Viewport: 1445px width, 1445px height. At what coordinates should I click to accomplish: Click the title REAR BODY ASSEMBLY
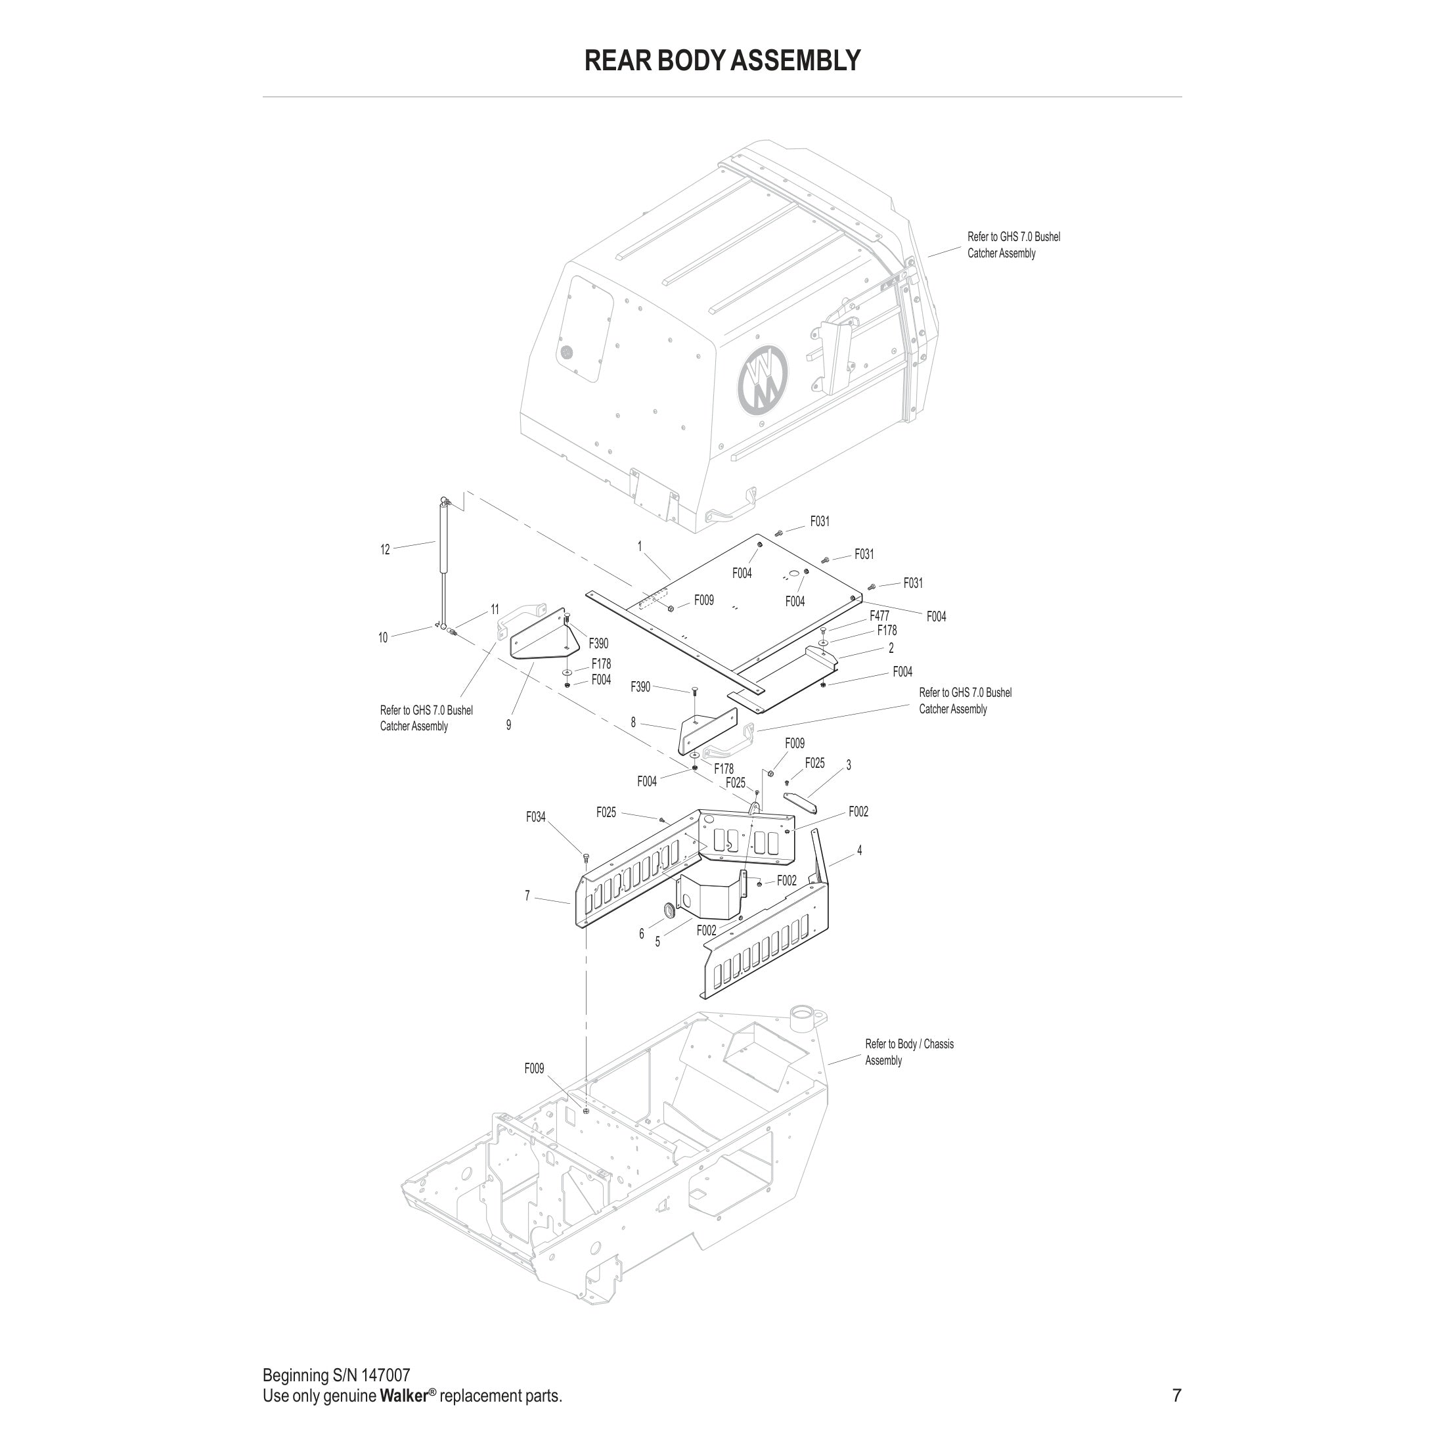pyautogui.click(x=722, y=60)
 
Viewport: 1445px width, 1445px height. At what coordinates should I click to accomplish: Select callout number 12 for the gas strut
pyautogui.click(x=385, y=550)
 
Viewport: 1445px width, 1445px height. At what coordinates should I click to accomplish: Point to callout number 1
pyautogui.click(x=640, y=546)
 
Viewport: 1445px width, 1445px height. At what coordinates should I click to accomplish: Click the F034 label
pyautogui.click(x=535, y=818)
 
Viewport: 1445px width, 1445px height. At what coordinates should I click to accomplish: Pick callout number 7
pyautogui.click(x=527, y=895)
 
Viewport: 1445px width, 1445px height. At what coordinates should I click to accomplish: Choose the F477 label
pyautogui.click(x=879, y=615)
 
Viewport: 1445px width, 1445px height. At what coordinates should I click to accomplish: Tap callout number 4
pyautogui.click(x=859, y=851)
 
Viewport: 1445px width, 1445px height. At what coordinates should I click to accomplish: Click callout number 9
pyautogui.click(x=508, y=724)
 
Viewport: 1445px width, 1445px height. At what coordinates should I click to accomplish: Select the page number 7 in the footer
pyautogui.click(x=1176, y=1396)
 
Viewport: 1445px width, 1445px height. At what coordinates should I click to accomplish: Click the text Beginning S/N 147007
pyautogui.click(x=336, y=1375)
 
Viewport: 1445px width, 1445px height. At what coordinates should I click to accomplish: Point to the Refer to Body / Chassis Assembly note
pyautogui.click(x=909, y=1052)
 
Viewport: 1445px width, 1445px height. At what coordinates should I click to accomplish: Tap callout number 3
pyautogui.click(x=848, y=765)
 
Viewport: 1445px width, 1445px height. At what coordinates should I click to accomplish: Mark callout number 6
pyautogui.click(x=641, y=934)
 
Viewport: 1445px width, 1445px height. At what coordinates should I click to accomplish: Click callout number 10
pyautogui.click(x=383, y=638)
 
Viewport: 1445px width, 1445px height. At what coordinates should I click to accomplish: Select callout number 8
pyautogui.click(x=633, y=722)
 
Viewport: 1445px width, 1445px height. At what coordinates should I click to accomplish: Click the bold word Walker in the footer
pyautogui.click(x=404, y=1396)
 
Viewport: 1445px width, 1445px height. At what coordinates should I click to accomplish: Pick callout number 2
pyautogui.click(x=891, y=648)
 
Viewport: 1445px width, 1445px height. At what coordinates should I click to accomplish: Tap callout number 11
pyautogui.click(x=495, y=610)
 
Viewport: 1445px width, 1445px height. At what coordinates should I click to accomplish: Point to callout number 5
pyautogui.click(x=657, y=943)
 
